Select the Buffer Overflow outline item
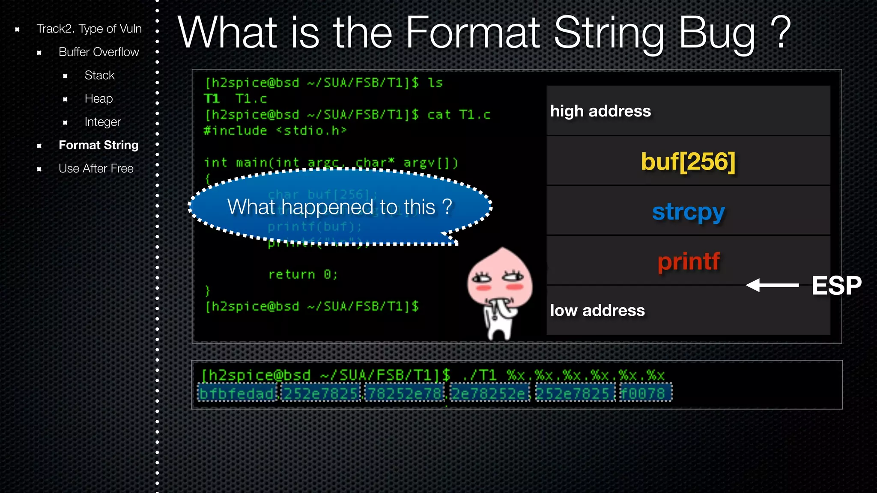coord(98,52)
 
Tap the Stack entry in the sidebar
coord(99,75)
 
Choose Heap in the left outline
coord(98,98)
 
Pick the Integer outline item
coord(102,122)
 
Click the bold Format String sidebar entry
coord(98,145)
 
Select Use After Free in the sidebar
coord(96,169)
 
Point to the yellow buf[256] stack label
coord(688,162)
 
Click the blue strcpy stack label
coord(688,212)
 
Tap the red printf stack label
coord(689,261)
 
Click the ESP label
coord(836,285)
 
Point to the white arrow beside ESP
coord(772,285)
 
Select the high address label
coord(600,111)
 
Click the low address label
coord(597,311)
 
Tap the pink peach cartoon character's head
coord(500,278)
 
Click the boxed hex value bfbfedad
coord(237,393)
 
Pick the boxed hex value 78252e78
coord(405,393)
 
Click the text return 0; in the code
coord(303,274)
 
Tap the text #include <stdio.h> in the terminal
coord(275,131)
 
